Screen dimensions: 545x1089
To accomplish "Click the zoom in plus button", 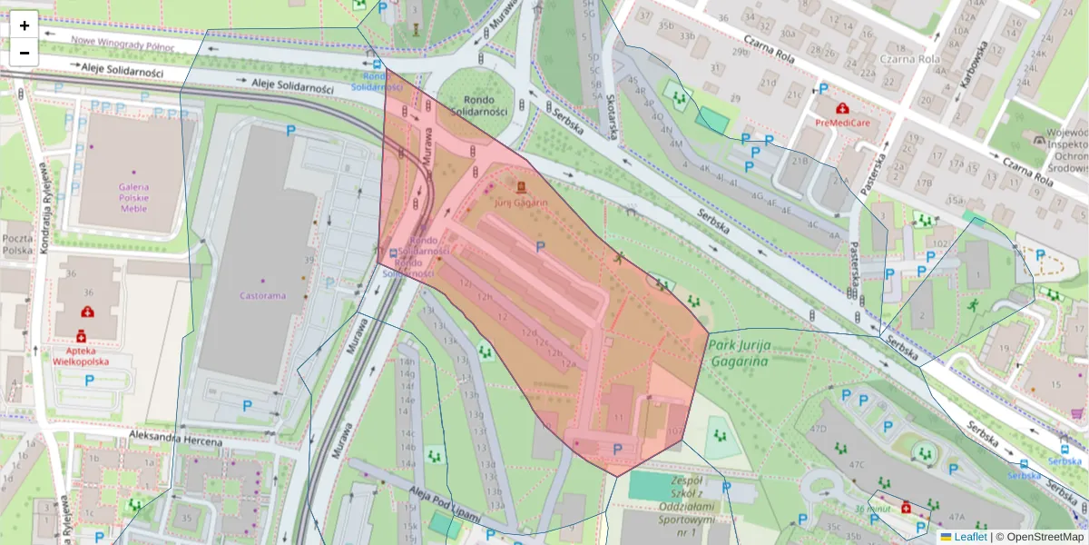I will click(x=24, y=25).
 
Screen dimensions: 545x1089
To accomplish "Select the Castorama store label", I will click(x=262, y=295).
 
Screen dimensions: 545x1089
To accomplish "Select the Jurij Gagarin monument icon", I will click(x=521, y=187).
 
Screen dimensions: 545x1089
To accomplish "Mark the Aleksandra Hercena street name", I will click(x=175, y=441).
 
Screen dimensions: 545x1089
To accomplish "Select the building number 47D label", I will click(x=818, y=428).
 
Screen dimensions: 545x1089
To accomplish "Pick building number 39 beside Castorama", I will click(x=309, y=261).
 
